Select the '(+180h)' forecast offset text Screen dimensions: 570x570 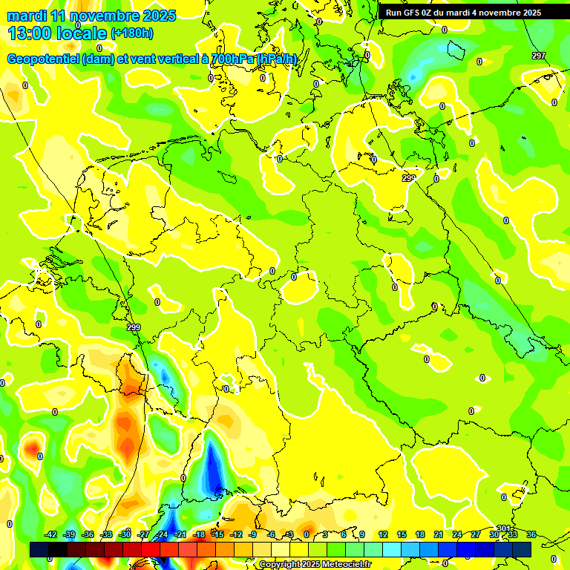coord(131,33)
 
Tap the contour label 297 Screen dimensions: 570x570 coord(538,56)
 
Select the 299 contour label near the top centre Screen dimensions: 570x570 coord(409,178)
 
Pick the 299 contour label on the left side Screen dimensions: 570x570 coord(133,327)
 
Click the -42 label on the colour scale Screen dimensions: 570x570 coord(51,534)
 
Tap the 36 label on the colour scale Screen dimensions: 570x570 coord(531,534)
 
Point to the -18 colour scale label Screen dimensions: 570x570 coord(199,534)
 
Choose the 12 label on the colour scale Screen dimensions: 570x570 coord(383,534)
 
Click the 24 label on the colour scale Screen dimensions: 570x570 coord(457,534)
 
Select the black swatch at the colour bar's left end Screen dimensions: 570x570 coord(39,549)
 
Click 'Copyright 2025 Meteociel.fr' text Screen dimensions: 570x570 coord(315,565)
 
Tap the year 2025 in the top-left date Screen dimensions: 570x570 coord(157,15)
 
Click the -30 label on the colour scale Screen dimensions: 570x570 coord(125,534)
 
